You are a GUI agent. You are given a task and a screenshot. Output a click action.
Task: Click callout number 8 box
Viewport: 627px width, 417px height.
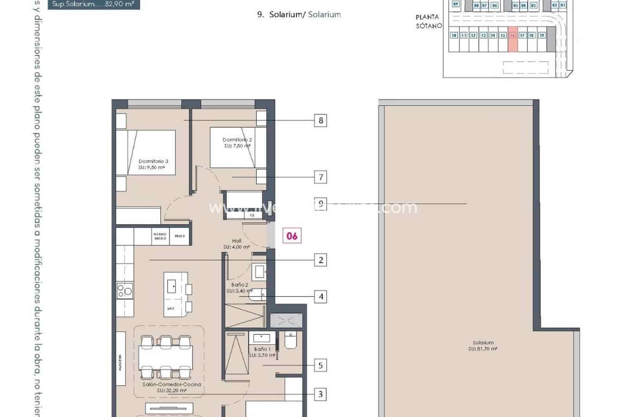(x=321, y=120)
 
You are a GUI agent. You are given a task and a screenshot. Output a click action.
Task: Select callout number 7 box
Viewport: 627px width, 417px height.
(x=321, y=177)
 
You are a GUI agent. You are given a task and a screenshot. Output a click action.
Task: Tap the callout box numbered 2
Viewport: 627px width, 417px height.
(x=321, y=260)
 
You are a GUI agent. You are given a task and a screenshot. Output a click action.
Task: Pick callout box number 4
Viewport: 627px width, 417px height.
(x=321, y=297)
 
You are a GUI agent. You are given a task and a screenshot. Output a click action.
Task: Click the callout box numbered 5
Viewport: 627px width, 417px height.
(x=321, y=366)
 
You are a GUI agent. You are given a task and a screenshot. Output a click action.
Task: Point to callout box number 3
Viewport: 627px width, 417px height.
(x=321, y=394)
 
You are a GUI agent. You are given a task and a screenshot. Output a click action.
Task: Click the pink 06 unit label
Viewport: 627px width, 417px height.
(x=292, y=236)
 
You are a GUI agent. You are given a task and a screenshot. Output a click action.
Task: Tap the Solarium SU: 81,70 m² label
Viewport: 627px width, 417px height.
(x=483, y=345)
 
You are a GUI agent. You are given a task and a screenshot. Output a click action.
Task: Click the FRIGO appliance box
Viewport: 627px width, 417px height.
(x=180, y=236)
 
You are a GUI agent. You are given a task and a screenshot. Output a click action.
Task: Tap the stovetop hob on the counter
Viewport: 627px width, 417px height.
(x=125, y=291)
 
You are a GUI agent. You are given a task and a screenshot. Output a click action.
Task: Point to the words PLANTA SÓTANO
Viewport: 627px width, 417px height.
(x=428, y=22)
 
